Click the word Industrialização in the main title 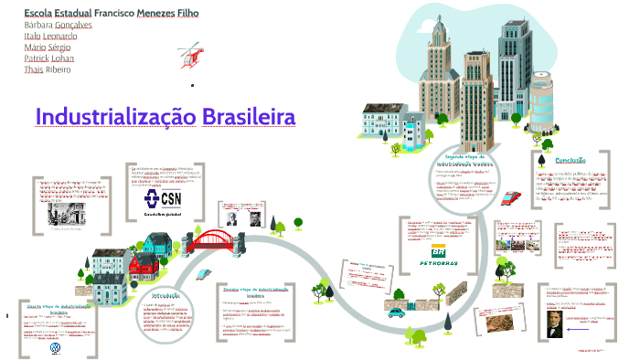pos(113,118)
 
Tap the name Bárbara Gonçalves pos(59,26)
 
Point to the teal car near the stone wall pos(396,312)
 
